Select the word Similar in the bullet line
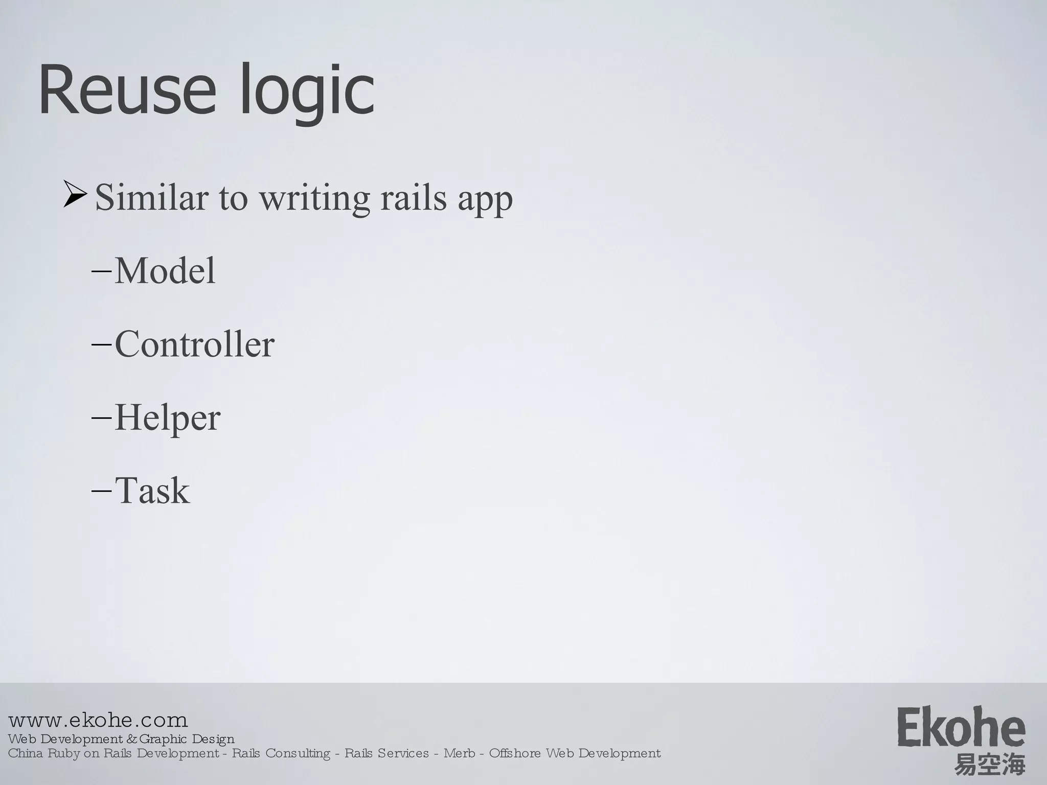pyautogui.click(x=151, y=197)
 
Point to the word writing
pyautogui.click(x=314, y=198)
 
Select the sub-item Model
pyautogui.click(x=165, y=270)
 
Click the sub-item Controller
pyautogui.click(x=194, y=344)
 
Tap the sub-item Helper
pyautogui.click(x=167, y=418)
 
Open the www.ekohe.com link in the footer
pyautogui.click(x=98, y=721)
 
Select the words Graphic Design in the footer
pyautogui.click(x=187, y=739)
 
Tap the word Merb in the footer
pyautogui.click(x=459, y=753)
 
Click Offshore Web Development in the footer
pyautogui.click(x=575, y=753)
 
